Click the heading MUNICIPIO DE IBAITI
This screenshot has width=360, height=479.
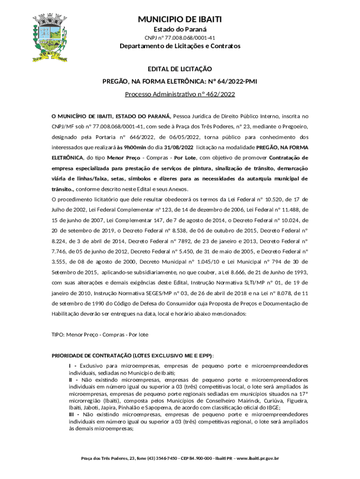tap(180, 19)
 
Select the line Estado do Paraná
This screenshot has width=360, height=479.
tap(180, 29)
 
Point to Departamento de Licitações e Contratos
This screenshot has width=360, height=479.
tap(180, 46)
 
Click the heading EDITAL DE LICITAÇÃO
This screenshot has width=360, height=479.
tap(180, 69)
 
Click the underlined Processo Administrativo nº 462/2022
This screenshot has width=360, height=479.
tap(180, 94)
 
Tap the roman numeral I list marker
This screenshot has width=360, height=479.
tap(70, 365)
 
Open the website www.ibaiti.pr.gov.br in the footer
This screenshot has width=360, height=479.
tap(255, 458)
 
